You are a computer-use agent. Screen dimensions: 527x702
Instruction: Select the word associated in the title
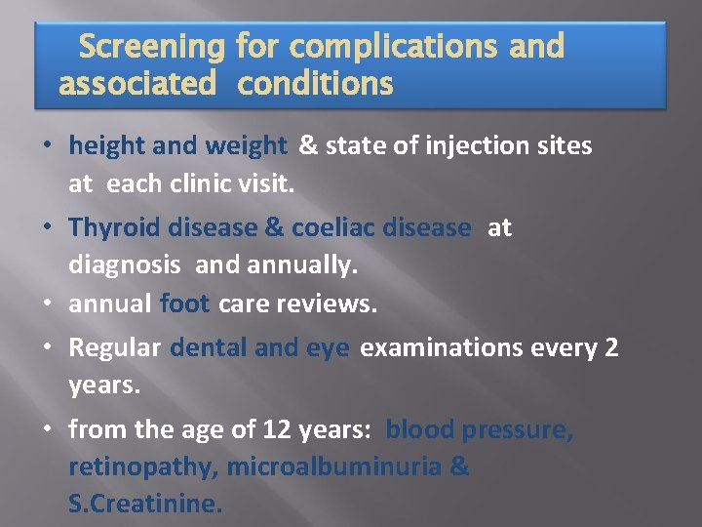[137, 85]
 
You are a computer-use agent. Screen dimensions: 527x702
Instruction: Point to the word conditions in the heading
[316, 85]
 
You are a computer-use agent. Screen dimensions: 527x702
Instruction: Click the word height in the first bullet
[107, 146]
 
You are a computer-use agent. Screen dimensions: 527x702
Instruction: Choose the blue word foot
[184, 304]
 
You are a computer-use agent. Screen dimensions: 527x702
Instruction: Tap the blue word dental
[209, 348]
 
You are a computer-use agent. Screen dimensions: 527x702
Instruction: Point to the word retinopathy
[141, 467]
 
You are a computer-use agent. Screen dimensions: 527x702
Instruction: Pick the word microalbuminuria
[334, 467]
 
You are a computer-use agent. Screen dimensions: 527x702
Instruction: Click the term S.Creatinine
[145, 505]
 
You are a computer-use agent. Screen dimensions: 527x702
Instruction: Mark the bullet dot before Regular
[48, 348]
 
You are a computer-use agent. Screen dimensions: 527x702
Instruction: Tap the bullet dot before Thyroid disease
[48, 228]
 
